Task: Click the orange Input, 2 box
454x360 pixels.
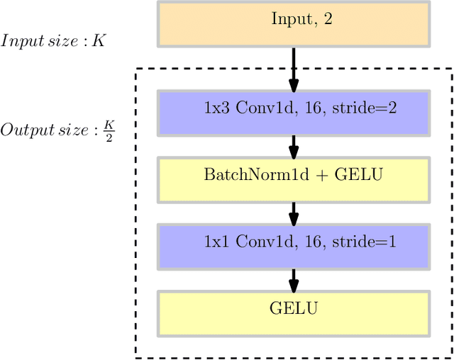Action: (x=294, y=23)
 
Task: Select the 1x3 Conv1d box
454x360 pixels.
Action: (x=294, y=113)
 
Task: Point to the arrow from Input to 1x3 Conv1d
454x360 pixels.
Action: (x=294, y=68)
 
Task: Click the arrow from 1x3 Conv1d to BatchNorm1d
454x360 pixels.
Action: (x=294, y=147)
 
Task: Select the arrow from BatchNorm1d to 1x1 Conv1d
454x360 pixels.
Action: (x=294, y=213)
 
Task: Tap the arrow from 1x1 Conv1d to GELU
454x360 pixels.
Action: (x=294, y=280)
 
